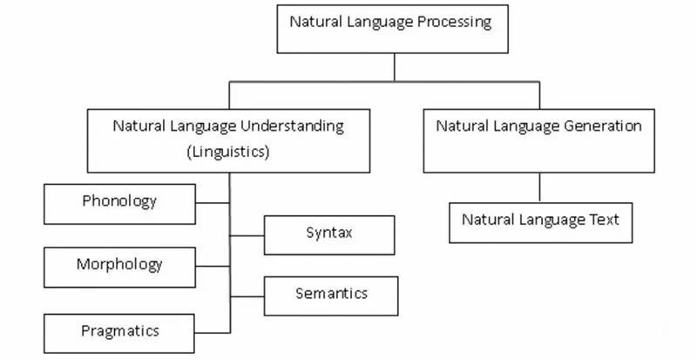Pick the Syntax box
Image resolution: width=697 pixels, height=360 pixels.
tap(328, 234)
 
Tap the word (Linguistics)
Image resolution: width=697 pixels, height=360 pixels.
tap(228, 152)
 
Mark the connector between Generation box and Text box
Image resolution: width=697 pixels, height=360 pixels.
tap(540, 187)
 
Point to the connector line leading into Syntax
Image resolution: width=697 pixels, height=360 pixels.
tap(247, 235)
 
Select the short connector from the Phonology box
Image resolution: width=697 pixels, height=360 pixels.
tap(213, 204)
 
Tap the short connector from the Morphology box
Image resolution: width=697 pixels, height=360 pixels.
tap(213, 267)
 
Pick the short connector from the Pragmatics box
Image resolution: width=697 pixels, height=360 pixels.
tap(213, 332)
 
